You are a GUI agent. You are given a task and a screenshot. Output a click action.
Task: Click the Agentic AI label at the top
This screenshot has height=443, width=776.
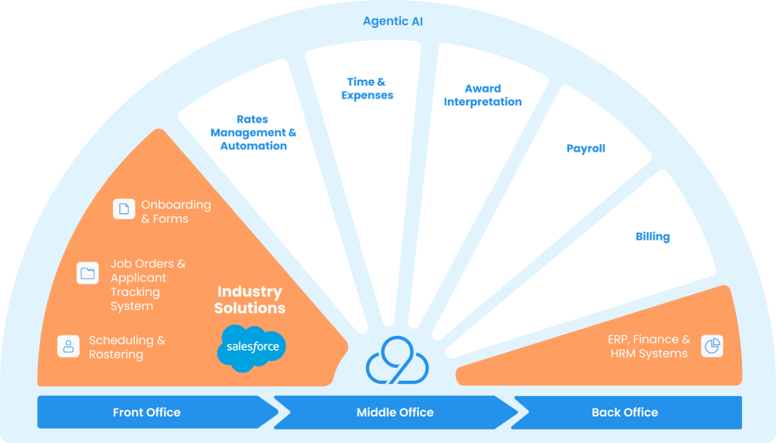point(393,21)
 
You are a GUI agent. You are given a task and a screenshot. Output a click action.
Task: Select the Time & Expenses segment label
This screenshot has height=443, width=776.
point(367,89)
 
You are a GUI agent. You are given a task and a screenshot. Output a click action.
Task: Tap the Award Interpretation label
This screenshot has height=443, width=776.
point(483,95)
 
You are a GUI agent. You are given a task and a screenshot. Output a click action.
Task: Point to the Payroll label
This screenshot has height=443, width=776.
point(586,149)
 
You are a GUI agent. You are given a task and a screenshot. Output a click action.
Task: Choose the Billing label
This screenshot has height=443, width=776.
point(652,237)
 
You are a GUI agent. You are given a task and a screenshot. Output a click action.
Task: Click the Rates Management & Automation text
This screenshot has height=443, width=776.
point(253,133)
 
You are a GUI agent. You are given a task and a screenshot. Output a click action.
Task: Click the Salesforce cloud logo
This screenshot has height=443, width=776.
point(252,348)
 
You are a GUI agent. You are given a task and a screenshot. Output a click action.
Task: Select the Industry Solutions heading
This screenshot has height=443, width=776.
point(250,300)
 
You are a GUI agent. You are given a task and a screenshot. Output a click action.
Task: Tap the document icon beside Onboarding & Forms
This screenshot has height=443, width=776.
point(124,209)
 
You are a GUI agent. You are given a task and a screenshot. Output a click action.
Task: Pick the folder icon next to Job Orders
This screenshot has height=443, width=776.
point(88,273)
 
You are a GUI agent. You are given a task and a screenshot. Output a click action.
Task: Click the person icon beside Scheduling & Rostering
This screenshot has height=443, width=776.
point(69,346)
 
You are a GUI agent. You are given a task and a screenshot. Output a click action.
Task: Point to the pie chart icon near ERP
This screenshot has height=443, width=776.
point(712,346)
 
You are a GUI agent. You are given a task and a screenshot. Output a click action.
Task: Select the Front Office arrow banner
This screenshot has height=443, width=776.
point(147,413)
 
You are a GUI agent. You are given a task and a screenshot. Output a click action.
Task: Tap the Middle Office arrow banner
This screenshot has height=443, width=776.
point(395,413)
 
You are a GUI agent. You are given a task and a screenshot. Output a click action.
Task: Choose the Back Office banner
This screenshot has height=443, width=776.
point(625,413)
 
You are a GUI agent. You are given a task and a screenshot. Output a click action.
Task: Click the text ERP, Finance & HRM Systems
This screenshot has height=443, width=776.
point(649,347)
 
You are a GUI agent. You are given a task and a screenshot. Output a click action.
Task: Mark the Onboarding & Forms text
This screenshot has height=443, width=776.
point(176,212)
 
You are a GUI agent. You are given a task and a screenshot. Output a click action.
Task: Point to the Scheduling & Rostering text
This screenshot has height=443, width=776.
point(127,347)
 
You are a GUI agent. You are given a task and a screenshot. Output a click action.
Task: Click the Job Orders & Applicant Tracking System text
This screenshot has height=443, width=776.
point(148,285)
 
